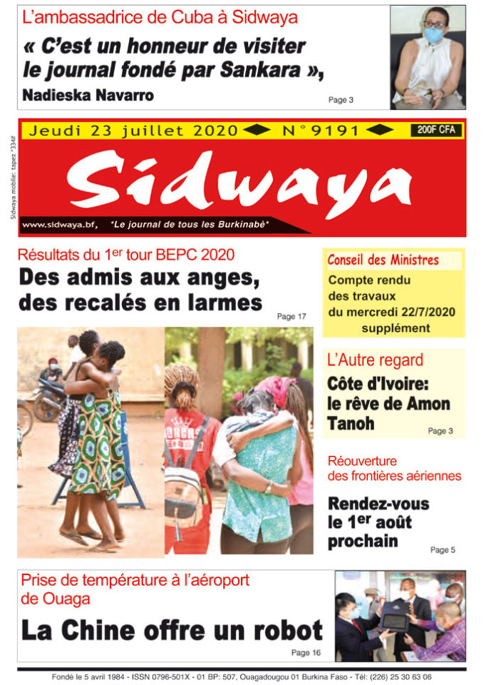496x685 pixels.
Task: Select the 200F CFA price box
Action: coord(436,130)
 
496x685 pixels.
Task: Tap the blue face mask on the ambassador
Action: coord(433,34)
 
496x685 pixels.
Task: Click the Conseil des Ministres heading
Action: coord(383,260)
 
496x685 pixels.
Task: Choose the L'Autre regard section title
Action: coord(375,360)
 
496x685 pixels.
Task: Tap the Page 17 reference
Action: coord(291,316)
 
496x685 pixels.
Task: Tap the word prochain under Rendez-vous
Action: coord(363,541)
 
